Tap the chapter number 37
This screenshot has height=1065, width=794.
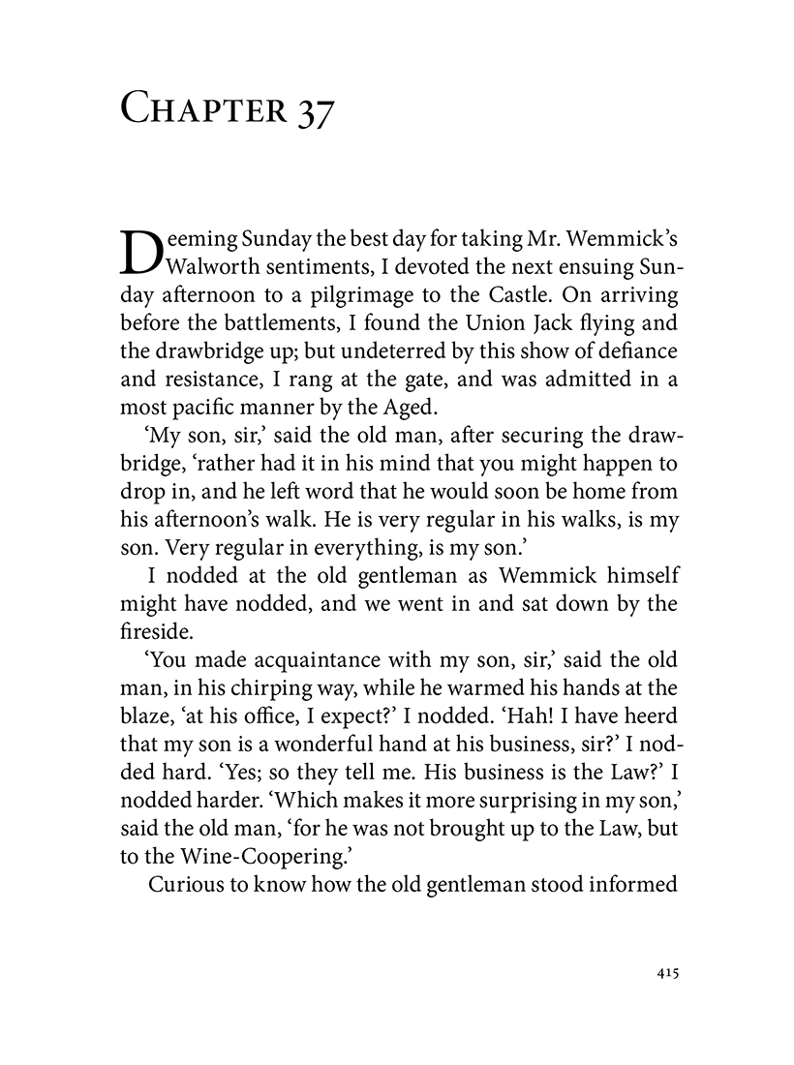coord(312,109)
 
